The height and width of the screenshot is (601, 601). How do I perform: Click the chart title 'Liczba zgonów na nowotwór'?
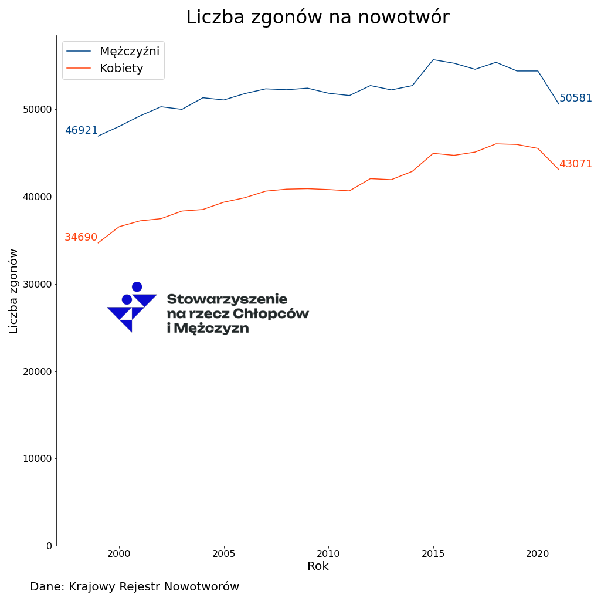tap(317, 18)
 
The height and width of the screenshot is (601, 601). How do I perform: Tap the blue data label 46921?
tap(81, 131)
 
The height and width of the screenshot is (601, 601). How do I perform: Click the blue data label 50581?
tap(575, 99)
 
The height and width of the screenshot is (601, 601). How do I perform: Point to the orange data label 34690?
tap(81, 238)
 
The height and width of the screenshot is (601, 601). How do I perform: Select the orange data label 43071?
tap(575, 164)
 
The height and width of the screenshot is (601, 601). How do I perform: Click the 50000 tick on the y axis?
tap(37, 110)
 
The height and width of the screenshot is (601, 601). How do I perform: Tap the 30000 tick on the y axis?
tap(37, 284)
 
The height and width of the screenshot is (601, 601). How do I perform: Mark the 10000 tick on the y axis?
tap(37, 459)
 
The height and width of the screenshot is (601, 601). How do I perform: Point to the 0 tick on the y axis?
tap(49, 546)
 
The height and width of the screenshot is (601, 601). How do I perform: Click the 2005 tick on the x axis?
tap(223, 553)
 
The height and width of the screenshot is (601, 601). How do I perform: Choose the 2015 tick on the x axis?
tap(433, 553)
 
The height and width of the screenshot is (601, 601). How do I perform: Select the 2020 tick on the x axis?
tap(538, 553)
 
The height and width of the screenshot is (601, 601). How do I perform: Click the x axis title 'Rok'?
tap(318, 566)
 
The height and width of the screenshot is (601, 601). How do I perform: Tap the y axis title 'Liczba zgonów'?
tap(14, 291)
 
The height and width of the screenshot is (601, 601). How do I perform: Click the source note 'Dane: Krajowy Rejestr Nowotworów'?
tap(134, 587)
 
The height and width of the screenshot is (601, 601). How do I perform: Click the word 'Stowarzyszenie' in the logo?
tap(227, 299)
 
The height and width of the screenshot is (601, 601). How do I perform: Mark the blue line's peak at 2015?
tap(433, 59)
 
